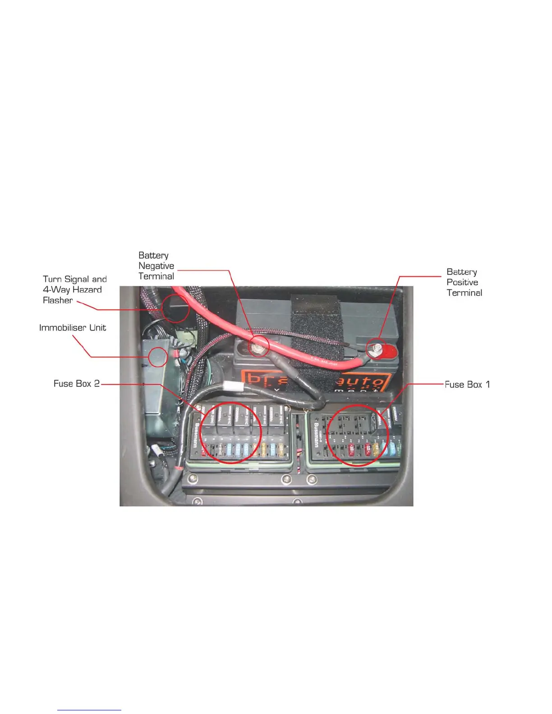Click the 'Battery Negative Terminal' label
[x=156, y=266]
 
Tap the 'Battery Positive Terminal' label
[x=464, y=282]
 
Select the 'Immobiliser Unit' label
[x=73, y=328]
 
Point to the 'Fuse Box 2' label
[x=76, y=384]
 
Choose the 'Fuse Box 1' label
[x=467, y=384]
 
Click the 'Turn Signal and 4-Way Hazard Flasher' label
[x=74, y=290]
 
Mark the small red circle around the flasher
[x=175, y=308]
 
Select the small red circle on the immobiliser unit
[x=158, y=357]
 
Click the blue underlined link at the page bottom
[x=89, y=710]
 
